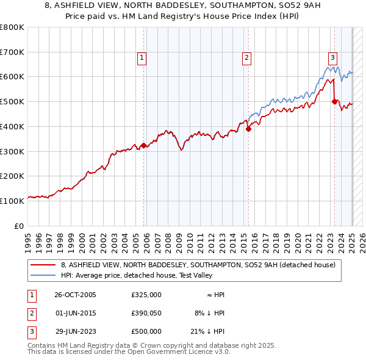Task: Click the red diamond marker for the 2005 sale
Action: [144, 145]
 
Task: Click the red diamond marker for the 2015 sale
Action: [248, 129]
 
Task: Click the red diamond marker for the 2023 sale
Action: [334, 101]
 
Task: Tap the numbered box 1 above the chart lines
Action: [142, 58]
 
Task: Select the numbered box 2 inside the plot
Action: [246, 58]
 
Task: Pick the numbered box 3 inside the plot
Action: [332, 58]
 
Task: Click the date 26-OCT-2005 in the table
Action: [75, 295]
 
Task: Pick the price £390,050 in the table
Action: [146, 313]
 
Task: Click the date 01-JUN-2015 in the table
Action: [75, 313]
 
